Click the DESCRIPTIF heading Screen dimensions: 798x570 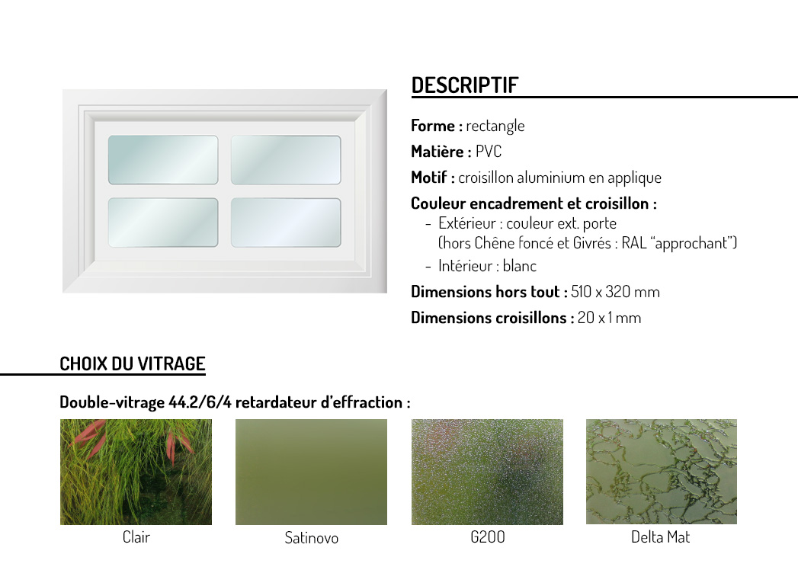click(465, 85)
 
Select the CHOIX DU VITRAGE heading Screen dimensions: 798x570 click(133, 364)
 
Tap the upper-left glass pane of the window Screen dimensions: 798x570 click(163, 160)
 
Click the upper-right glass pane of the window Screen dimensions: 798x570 click(286, 160)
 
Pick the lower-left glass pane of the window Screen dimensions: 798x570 click(163, 223)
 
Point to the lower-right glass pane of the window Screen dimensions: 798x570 click(286, 223)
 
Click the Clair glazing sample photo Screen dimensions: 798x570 click(136, 472)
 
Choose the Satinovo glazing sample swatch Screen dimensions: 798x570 click(311, 472)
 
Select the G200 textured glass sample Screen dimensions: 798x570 click(487, 472)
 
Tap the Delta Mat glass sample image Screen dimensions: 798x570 click(661, 471)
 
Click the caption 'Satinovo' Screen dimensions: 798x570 click(312, 538)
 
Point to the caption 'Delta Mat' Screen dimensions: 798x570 click(661, 537)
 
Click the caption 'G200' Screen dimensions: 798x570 click(488, 537)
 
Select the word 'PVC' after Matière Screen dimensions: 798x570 click(489, 151)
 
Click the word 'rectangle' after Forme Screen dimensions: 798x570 click(495, 126)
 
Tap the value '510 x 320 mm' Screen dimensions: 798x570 click(615, 292)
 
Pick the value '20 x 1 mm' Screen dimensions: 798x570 click(609, 318)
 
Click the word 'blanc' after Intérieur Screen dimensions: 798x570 click(520, 266)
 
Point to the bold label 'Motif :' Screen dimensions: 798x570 click(433, 177)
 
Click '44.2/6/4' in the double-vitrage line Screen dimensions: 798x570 click(200, 402)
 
